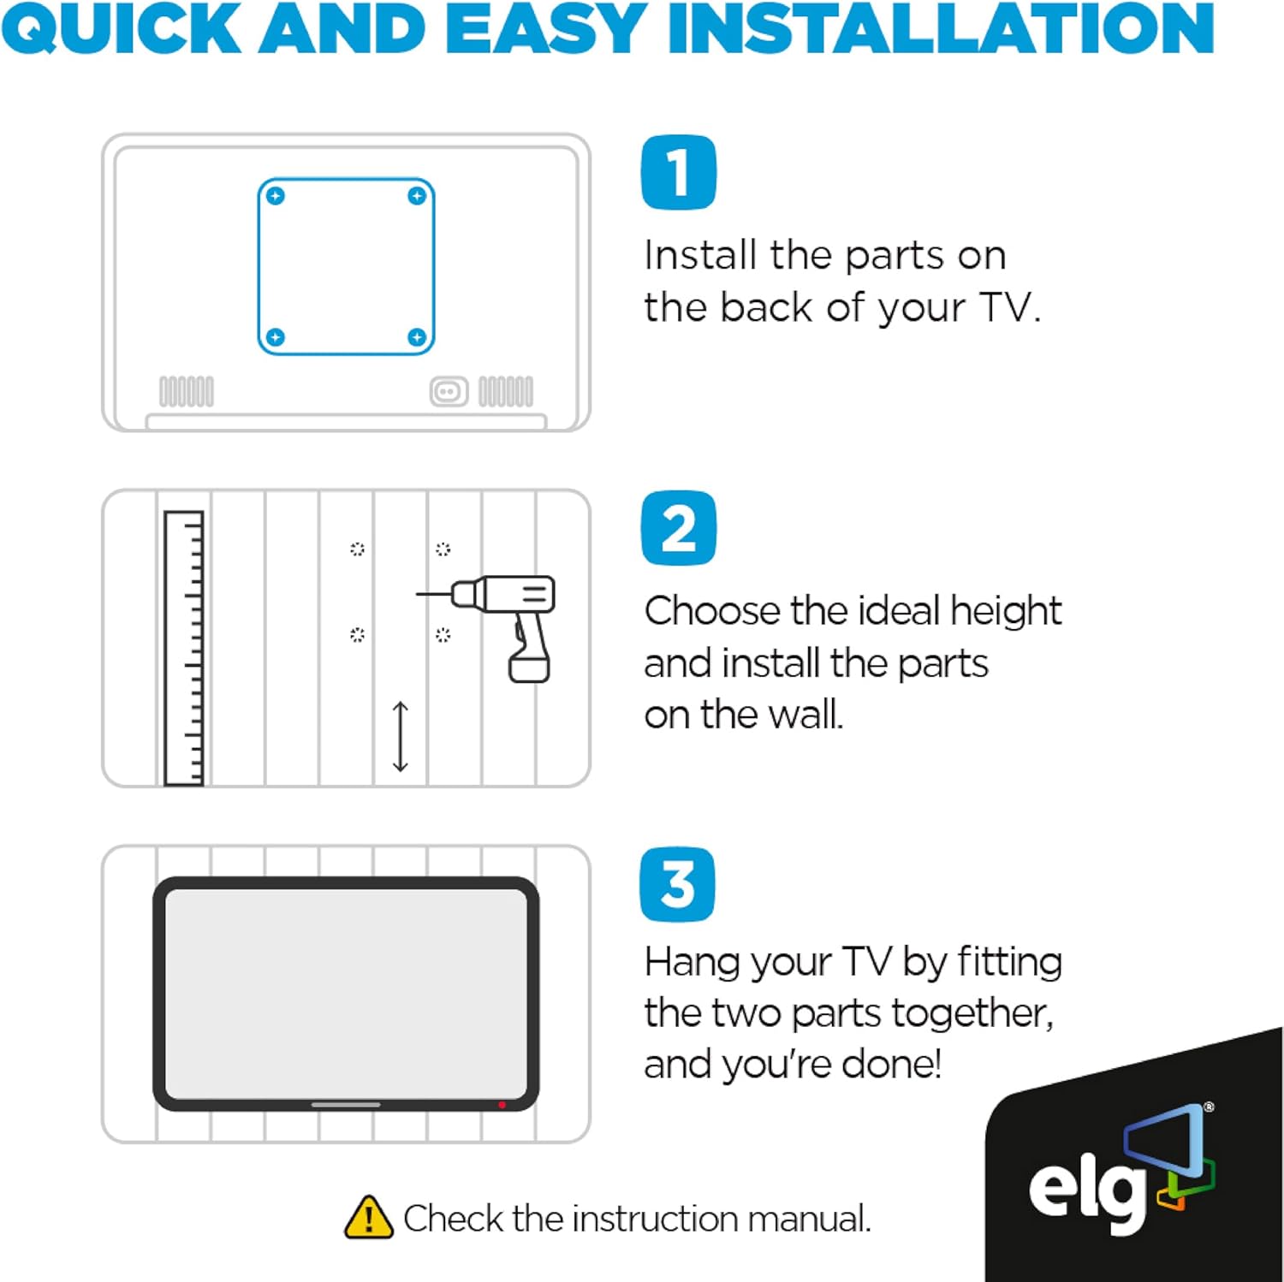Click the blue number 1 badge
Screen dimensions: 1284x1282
[x=679, y=172]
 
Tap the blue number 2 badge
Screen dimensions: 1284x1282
[x=679, y=528]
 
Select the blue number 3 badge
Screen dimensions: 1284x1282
[x=677, y=884]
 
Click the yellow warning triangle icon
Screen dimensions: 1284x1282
[x=368, y=1217]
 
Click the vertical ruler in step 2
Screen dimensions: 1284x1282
[x=184, y=648]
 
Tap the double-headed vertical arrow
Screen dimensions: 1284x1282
[x=400, y=736]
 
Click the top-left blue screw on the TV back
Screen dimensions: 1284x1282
[x=275, y=196]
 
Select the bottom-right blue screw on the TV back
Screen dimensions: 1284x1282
[x=417, y=337]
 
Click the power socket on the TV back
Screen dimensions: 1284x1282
[x=449, y=392]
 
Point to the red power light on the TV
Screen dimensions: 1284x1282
[x=502, y=1105]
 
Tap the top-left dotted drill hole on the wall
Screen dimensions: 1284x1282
[x=357, y=549]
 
